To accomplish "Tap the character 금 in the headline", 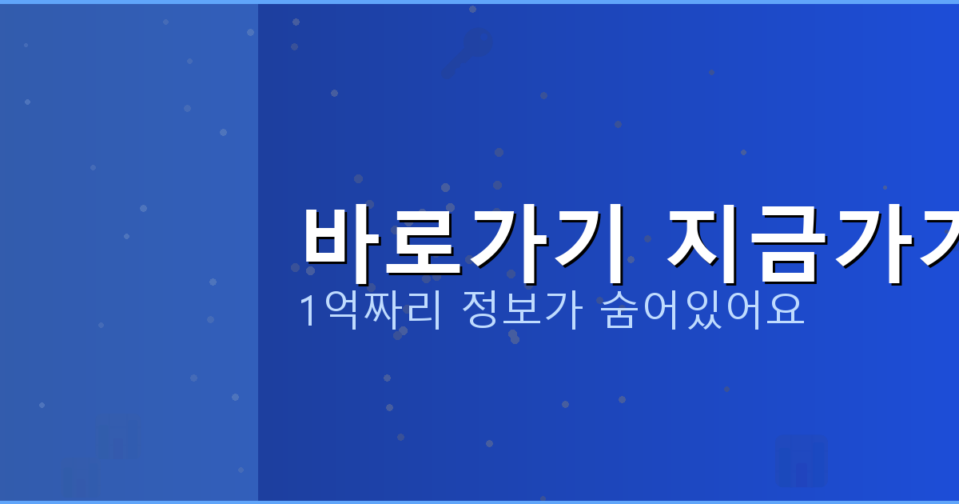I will [788, 244].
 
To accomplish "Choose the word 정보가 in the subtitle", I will [522, 310].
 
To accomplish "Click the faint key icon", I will [467, 53].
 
